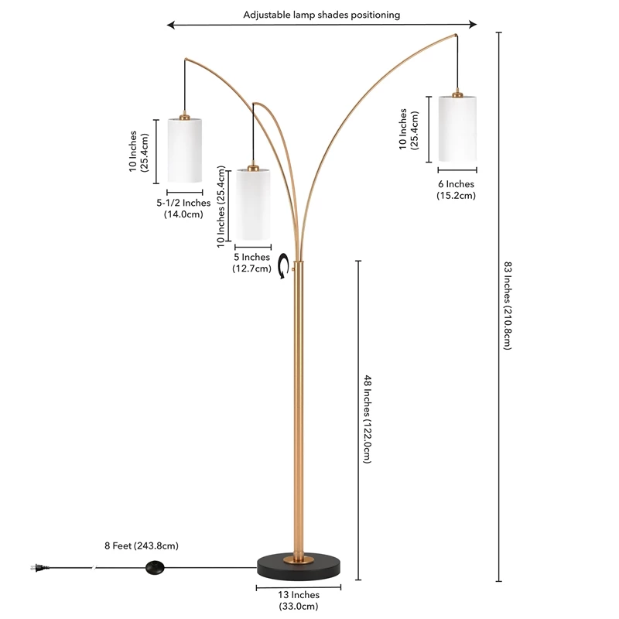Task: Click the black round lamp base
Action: pyautogui.click(x=299, y=567)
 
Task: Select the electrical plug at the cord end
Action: pyautogui.click(x=39, y=568)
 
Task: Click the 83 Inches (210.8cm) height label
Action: pyautogui.click(x=508, y=306)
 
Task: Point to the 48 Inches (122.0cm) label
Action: pyautogui.click(x=368, y=419)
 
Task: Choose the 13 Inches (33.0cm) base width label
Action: pyautogui.click(x=299, y=600)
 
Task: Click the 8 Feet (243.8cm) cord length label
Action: pyautogui.click(x=142, y=545)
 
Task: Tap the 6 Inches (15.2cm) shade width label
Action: pyautogui.click(x=456, y=190)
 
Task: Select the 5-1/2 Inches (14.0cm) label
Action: pyautogui.click(x=183, y=208)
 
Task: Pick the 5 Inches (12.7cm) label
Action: pyautogui.click(x=252, y=262)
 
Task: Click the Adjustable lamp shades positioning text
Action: pyautogui.click(x=321, y=15)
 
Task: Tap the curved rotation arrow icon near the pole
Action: pyautogui.click(x=283, y=265)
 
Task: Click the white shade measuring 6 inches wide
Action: pyautogui.click(x=457, y=128)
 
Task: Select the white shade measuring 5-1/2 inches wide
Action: pyautogui.click(x=185, y=150)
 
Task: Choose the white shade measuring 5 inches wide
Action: pyautogui.click(x=253, y=204)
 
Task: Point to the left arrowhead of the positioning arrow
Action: pyautogui.click(x=170, y=26)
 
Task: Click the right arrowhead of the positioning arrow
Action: pyautogui.click(x=473, y=25)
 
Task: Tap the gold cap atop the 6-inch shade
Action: pyautogui.click(x=457, y=94)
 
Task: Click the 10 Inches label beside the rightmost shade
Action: pyautogui.click(x=409, y=129)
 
